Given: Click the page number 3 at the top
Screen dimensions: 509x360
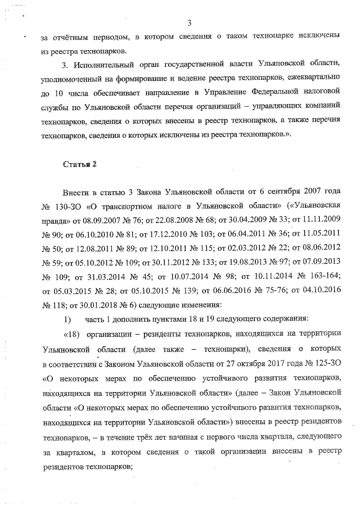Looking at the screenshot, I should pyautogui.click(x=190, y=23).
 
